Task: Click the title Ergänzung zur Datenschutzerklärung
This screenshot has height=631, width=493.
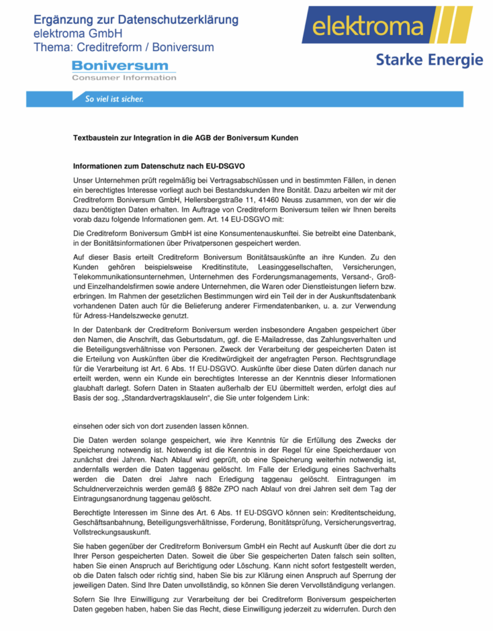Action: point(136,20)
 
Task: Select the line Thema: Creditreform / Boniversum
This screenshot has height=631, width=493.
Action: point(124,47)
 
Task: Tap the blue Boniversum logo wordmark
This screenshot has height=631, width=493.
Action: point(120,65)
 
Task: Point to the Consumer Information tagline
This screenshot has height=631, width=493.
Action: point(124,78)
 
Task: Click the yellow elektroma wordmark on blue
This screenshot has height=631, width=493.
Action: point(368,27)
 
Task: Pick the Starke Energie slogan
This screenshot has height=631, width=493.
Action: point(429,60)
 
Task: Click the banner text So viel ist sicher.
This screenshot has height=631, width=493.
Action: point(114,99)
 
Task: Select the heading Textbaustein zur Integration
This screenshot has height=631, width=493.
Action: point(185,138)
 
